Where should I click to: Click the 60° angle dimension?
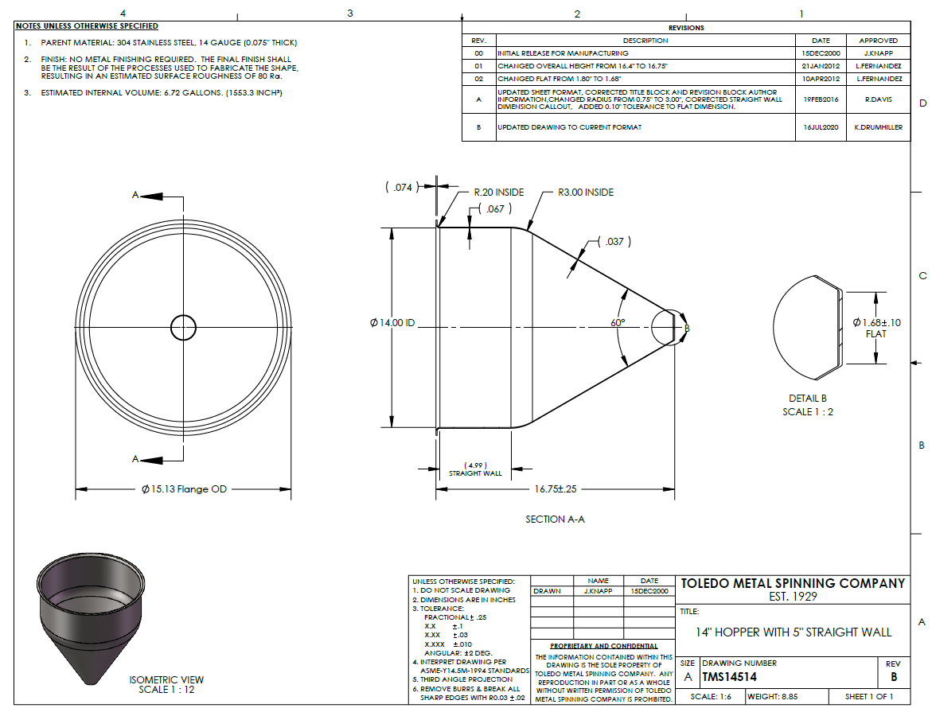(618, 323)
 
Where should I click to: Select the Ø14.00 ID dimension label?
(392, 323)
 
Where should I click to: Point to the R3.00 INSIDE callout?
(586, 193)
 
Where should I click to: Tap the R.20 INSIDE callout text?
(499, 193)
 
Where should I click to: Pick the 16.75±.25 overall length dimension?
(556, 489)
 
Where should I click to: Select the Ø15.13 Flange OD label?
(185, 489)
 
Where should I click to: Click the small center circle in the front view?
(183, 328)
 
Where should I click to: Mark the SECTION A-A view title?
(556, 519)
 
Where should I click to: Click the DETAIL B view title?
(808, 398)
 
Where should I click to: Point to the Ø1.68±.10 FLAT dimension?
(877, 328)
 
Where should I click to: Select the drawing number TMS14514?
(729, 677)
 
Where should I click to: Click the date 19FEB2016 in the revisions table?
(821, 99)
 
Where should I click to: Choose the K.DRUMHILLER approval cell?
(879, 127)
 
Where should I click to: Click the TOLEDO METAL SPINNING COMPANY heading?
(793, 583)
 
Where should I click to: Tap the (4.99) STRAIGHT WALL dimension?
(475, 469)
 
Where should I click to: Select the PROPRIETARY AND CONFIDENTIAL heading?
(604, 646)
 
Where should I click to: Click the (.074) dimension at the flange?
(403, 187)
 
